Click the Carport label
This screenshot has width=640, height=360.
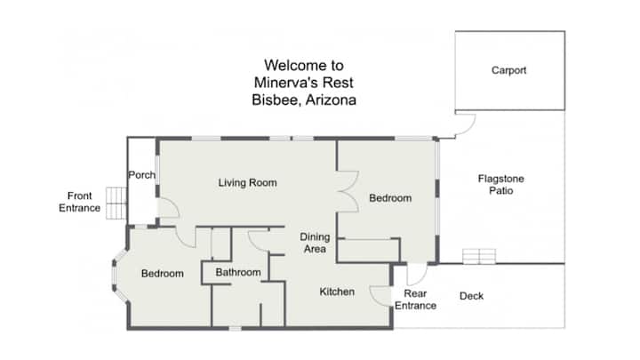click(508, 70)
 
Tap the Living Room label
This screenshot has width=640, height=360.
click(247, 183)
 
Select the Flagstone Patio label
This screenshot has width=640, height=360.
click(500, 185)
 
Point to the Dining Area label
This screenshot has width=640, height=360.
click(315, 243)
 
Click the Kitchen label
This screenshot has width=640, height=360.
click(337, 292)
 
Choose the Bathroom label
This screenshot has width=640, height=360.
click(238, 272)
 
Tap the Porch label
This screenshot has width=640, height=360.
click(141, 175)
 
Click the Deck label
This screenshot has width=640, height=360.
click(471, 296)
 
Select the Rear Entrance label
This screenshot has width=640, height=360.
click(415, 300)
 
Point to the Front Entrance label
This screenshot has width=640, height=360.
click(80, 202)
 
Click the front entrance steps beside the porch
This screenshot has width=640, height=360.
click(116, 203)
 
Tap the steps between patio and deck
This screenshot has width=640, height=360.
click(479, 256)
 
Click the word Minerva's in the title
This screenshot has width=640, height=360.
click(284, 83)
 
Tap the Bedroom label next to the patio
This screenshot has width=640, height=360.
click(390, 198)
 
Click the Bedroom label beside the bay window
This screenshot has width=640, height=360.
click(163, 274)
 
